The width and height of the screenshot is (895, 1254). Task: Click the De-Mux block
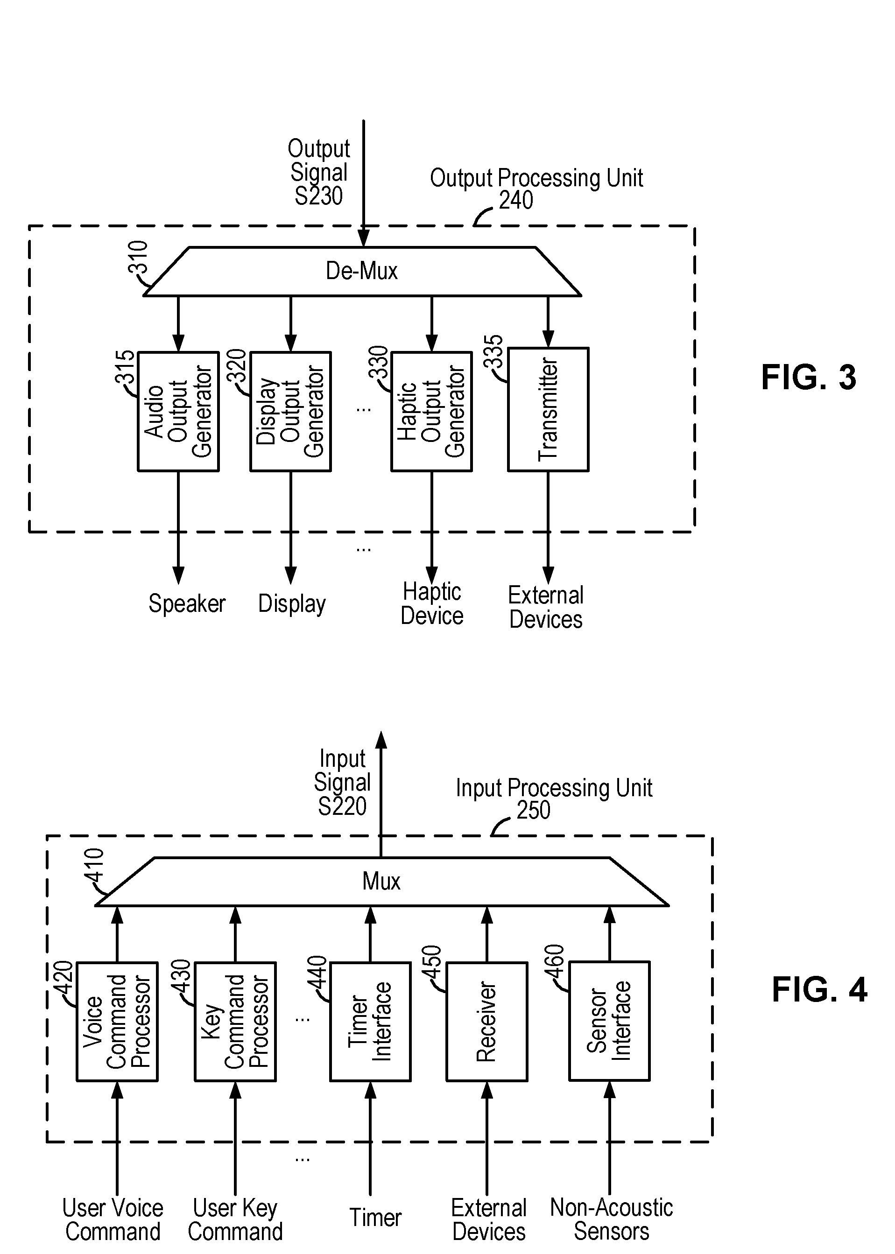point(362,272)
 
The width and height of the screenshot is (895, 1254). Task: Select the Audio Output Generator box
point(178,412)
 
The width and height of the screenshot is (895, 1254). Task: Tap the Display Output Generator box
point(290,412)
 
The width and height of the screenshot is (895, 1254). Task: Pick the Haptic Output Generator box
point(431,412)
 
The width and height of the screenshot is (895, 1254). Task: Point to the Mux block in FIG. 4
point(382,881)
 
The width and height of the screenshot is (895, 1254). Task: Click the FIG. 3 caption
point(809,378)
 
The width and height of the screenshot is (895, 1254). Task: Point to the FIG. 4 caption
point(819,990)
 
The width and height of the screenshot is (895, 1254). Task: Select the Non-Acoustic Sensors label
point(612,1219)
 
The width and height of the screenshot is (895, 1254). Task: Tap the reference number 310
point(138,257)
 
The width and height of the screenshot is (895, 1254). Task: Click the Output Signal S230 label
point(319,172)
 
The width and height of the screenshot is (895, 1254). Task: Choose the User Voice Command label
point(113,1220)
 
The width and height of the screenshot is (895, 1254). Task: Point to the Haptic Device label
point(432,604)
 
